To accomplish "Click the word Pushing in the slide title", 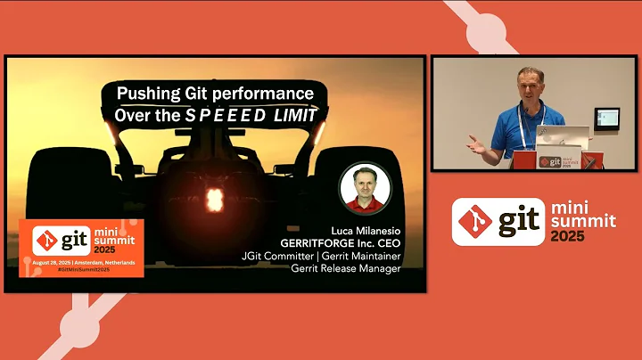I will pyautogui.click(x=151, y=93).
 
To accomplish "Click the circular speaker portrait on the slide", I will pyautogui.click(x=362, y=188).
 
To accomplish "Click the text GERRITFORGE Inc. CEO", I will pyautogui.click(x=340, y=241).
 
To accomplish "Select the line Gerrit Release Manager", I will pyautogui.click(x=343, y=270).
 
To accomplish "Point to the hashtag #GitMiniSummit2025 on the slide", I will pyautogui.click(x=82, y=269).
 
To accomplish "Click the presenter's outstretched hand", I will pyautogui.click(x=476, y=143).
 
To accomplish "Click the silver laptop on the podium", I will pyautogui.click(x=562, y=136).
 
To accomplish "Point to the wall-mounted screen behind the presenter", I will pyautogui.click(x=607, y=117).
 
